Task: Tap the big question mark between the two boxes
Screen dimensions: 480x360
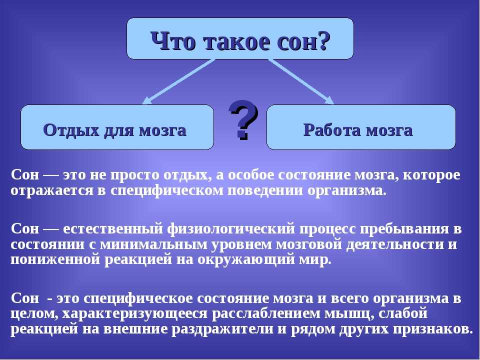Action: (x=243, y=119)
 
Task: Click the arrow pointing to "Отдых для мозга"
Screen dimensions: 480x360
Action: (x=178, y=81)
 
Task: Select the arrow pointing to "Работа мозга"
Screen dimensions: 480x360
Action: (x=301, y=81)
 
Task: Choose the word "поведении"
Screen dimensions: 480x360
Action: (x=265, y=190)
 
